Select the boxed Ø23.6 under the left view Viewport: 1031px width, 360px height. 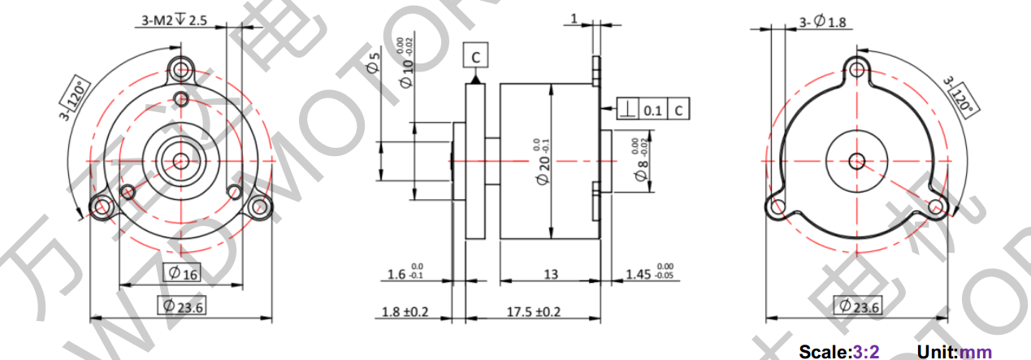[181, 306]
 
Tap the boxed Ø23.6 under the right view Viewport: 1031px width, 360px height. [857, 306]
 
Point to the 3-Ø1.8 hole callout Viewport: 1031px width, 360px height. [822, 22]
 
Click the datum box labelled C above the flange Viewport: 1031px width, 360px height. [475, 56]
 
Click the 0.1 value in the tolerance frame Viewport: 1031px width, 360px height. [652, 109]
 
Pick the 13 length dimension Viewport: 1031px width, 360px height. [550, 275]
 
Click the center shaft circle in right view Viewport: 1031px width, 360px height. [856, 160]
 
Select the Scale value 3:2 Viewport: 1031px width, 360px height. [865, 352]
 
